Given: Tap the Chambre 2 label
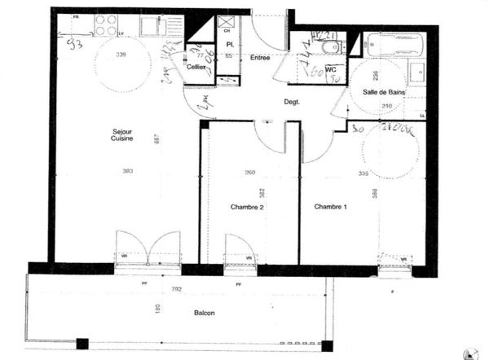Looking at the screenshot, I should [247, 208].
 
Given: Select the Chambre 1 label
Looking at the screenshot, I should [331, 208].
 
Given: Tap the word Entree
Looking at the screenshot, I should [260, 57].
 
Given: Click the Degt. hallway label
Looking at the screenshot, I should [291, 102].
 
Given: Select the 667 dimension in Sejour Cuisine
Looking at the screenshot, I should [157, 140].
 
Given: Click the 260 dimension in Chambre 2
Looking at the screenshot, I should [249, 173].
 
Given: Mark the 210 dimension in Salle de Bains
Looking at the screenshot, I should [387, 107].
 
